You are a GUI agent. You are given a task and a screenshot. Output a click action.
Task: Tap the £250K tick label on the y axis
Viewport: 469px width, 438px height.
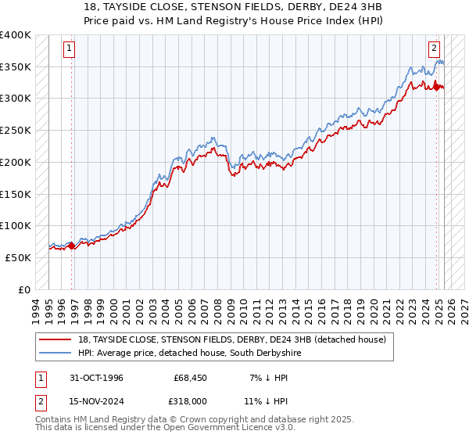pos(16,131)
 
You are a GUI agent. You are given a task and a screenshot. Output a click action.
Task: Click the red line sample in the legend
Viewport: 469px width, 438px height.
pos(56,340)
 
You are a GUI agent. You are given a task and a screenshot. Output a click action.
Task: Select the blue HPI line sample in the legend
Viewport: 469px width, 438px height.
pos(56,354)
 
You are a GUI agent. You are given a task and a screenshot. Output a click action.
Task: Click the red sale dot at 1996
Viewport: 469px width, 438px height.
pos(71,245)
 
